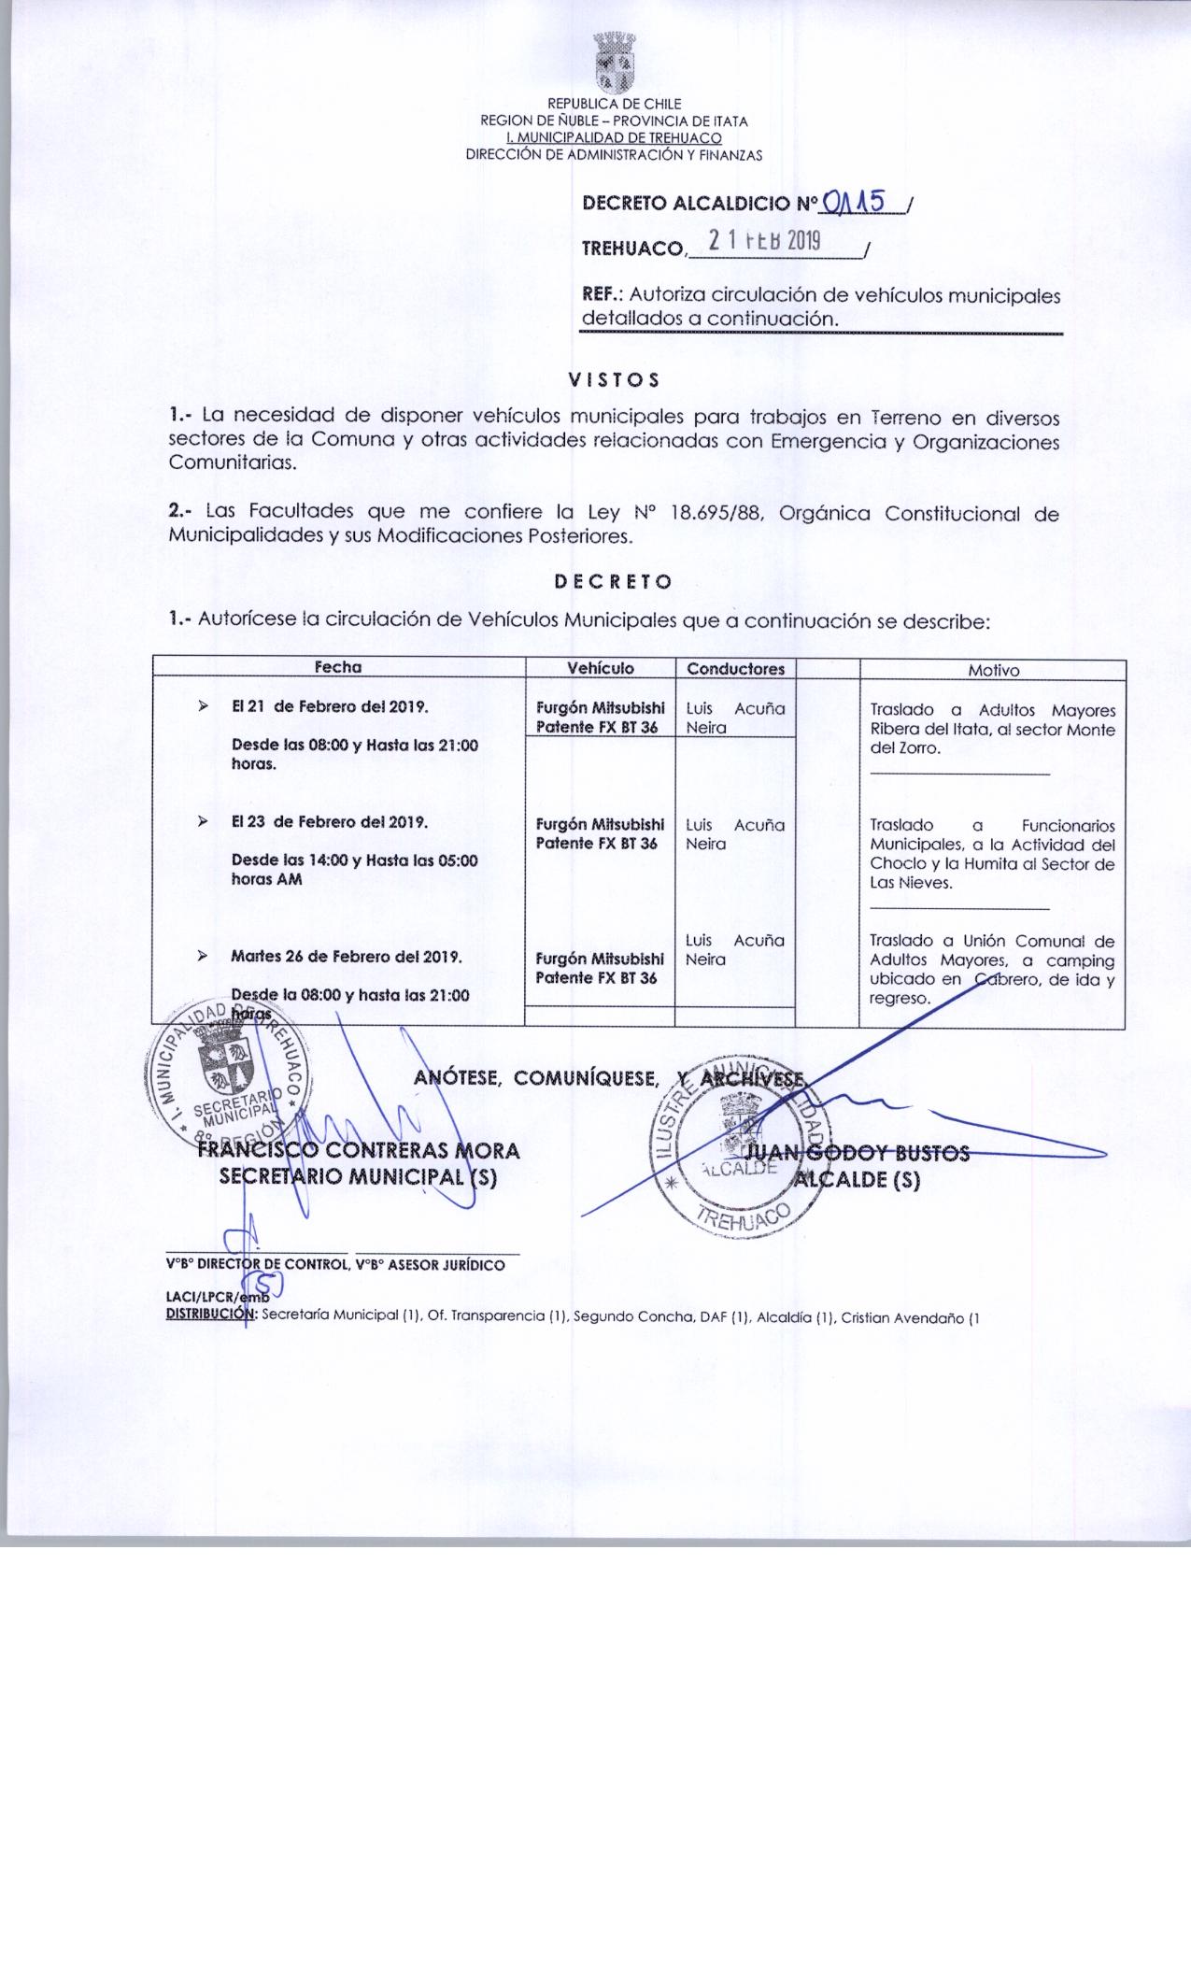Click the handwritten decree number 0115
coord(854,202)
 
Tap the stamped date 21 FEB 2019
coord(764,241)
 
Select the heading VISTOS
coord(614,380)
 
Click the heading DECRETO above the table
coord(613,581)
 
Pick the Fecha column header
coord(337,667)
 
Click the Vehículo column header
coord(601,668)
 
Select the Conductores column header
coord(735,669)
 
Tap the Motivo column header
coord(993,670)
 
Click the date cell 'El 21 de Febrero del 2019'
coord(330,706)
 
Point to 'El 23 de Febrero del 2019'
coord(330,822)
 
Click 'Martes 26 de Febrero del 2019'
coord(346,957)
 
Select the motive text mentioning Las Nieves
coord(992,854)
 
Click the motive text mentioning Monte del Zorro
coord(992,729)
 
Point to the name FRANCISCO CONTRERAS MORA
coord(359,1150)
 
